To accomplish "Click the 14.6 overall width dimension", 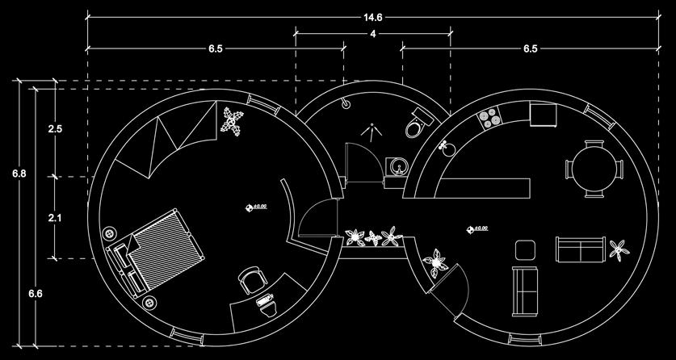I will (x=372, y=15).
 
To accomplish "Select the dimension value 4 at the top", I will (x=372, y=34).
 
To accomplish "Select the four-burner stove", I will (x=489, y=118).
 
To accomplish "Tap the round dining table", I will (x=594, y=169).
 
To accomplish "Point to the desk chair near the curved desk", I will (x=251, y=281).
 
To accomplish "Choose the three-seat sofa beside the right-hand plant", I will (x=579, y=249).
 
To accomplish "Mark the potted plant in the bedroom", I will (x=233, y=121).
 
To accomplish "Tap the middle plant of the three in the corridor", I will (x=372, y=237).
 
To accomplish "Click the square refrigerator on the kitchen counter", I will (x=543, y=115).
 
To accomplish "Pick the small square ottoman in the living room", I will (x=525, y=249).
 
